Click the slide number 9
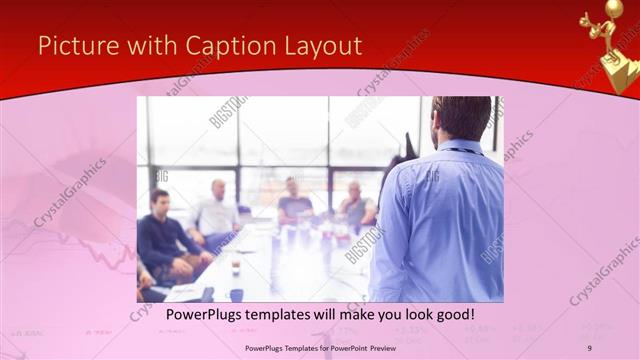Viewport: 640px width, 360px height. (589, 347)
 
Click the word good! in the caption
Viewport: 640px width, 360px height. (450, 315)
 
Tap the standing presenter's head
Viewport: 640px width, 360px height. (462, 118)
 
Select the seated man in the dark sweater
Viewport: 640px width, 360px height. (165, 235)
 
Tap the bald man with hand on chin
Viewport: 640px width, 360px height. (355, 205)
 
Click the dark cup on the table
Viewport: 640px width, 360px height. (236, 293)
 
